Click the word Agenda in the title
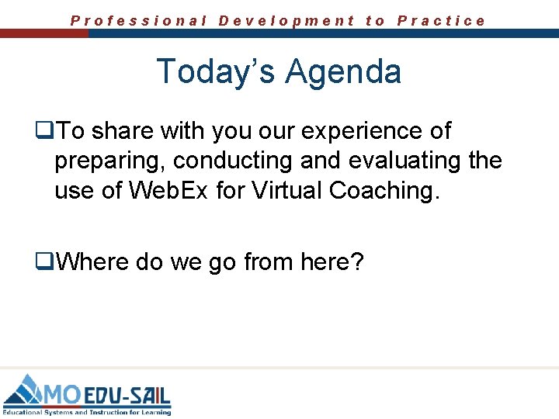click(343, 71)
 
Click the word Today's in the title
click(217, 71)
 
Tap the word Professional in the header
click(139, 21)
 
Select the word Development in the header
click(286, 21)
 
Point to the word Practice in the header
click(441, 21)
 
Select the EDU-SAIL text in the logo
click(127, 393)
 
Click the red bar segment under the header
click(44, 34)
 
